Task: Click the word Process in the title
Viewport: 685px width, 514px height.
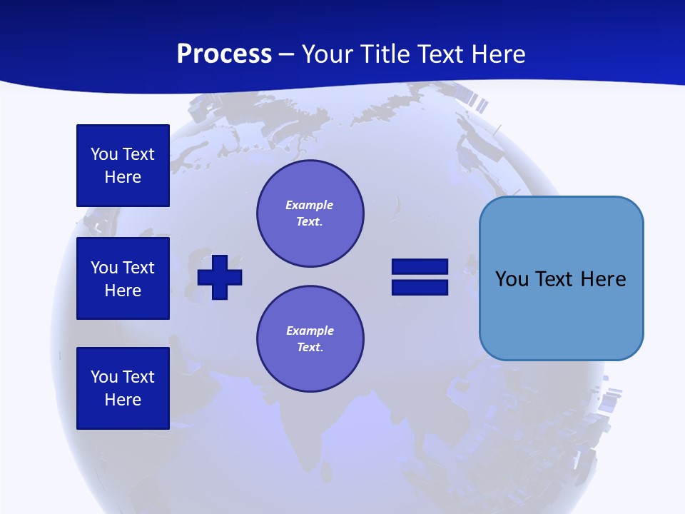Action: [x=224, y=54]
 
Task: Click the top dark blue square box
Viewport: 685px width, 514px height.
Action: [x=123, y=166]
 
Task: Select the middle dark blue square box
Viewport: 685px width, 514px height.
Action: [x=123, y=278]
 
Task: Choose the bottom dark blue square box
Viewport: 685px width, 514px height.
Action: [x=123, y=388]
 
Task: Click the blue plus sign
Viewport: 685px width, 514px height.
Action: [x=220, y=277]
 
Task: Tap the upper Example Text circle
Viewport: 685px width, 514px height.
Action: [x=310, y=213]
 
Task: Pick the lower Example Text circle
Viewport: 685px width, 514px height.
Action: [x=310, y=339]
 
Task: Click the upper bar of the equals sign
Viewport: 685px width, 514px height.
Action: [x=420, y=267]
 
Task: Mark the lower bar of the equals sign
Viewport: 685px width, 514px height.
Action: [x=420, y=288]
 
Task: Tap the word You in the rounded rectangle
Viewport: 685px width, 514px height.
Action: [x=512, y=279]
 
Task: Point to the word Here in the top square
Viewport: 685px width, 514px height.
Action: [x=123, y=177]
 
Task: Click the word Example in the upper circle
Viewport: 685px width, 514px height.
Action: [x=310, y=205]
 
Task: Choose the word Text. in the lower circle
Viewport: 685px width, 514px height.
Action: [x=310, y=348]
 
